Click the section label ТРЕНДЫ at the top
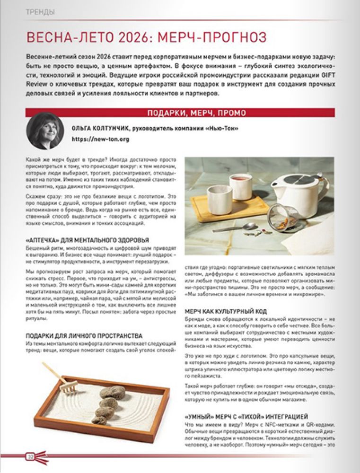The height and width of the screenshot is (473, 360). (40, 12)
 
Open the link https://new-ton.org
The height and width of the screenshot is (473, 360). (100, 139)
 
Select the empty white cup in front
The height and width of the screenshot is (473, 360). (207, 198)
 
